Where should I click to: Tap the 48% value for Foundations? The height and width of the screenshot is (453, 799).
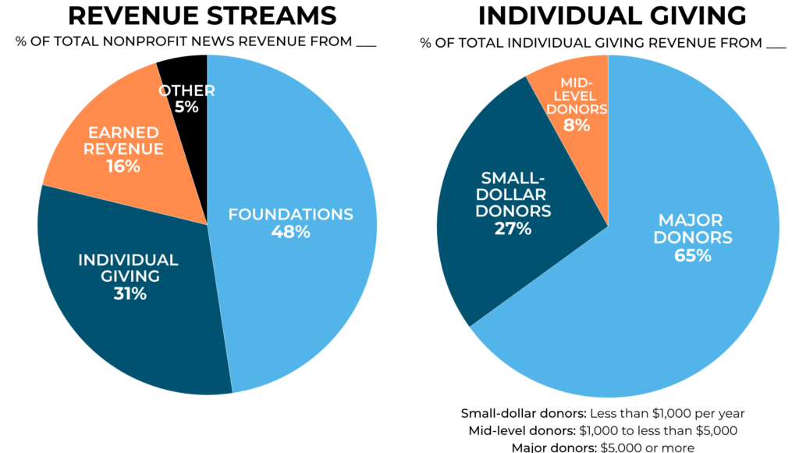(290, 232)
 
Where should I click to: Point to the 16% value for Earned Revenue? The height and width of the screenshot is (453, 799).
(123, 166)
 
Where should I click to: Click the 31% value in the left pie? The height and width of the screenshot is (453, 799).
(128, 294)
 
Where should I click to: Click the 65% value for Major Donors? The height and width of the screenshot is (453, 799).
(693, 255)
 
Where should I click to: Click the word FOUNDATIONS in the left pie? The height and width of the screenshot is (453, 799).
(290, 214)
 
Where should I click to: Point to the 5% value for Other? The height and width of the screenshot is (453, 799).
(186, 107)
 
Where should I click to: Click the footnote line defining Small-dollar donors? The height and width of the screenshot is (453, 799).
(602, 413)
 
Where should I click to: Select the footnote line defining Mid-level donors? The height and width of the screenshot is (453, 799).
(602, 430)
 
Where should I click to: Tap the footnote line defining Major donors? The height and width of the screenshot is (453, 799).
(602, 447)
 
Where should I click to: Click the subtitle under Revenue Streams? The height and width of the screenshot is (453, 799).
(195, 41)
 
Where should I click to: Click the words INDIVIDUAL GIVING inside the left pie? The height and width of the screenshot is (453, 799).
(128, 267)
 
